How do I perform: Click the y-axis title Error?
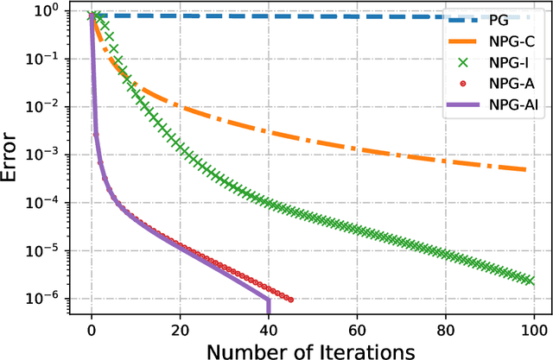pyautogui.click(x=13, y=155)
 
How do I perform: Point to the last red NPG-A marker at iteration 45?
pyautogui.click(x=290, y=300)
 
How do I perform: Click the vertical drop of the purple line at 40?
pyautogui.click(x=269, y=305)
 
